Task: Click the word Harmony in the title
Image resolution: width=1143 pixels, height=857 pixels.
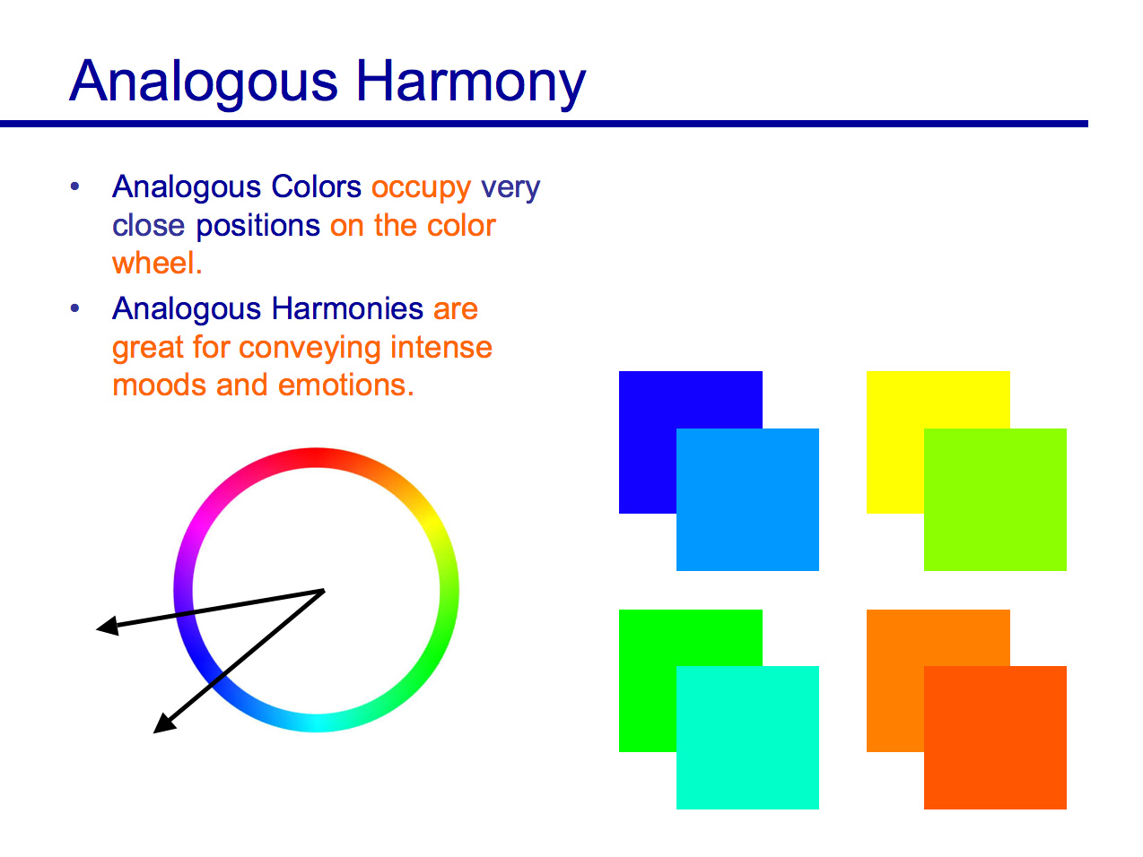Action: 470,82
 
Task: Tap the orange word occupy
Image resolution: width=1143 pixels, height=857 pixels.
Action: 421,187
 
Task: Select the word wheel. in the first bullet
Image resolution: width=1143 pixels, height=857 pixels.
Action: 157,263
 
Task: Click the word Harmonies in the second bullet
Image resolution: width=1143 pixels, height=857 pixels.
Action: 347,308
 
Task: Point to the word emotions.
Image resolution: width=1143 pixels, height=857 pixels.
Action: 345,385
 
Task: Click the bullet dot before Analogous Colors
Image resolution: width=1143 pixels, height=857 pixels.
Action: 75,186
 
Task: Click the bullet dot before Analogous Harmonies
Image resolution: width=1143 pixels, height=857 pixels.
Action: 75,308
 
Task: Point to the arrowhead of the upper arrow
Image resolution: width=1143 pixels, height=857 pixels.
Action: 106,627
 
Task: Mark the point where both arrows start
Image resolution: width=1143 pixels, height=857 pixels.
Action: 323,591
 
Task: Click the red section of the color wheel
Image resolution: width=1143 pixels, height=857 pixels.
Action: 316,457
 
